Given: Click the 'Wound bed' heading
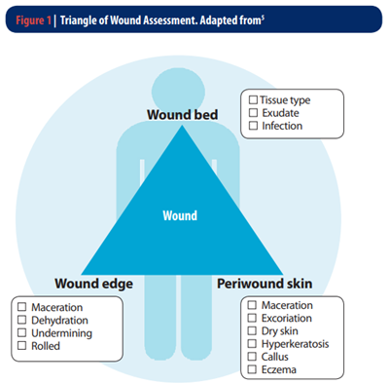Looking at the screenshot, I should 182,115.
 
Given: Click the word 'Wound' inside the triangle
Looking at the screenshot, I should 179,215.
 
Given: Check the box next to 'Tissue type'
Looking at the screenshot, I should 254,100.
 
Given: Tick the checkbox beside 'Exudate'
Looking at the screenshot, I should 254,113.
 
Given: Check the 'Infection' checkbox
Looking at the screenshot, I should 254,126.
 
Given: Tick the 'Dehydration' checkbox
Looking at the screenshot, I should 21,320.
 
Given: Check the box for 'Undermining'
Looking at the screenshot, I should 21,332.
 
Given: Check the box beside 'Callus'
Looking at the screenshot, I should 251,357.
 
